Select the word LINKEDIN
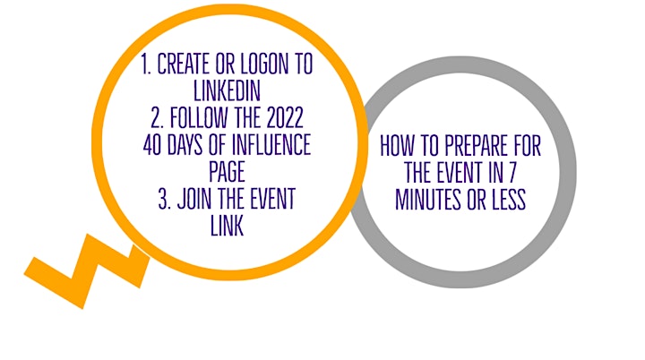(227, 90)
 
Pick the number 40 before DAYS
(152, 145)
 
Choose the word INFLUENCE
(271, 145)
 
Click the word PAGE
(227, 172)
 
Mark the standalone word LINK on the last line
(227, 226)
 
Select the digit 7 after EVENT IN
(512, 173)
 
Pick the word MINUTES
(428, 200)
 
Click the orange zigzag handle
(87, 270)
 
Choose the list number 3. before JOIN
(165, 199)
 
